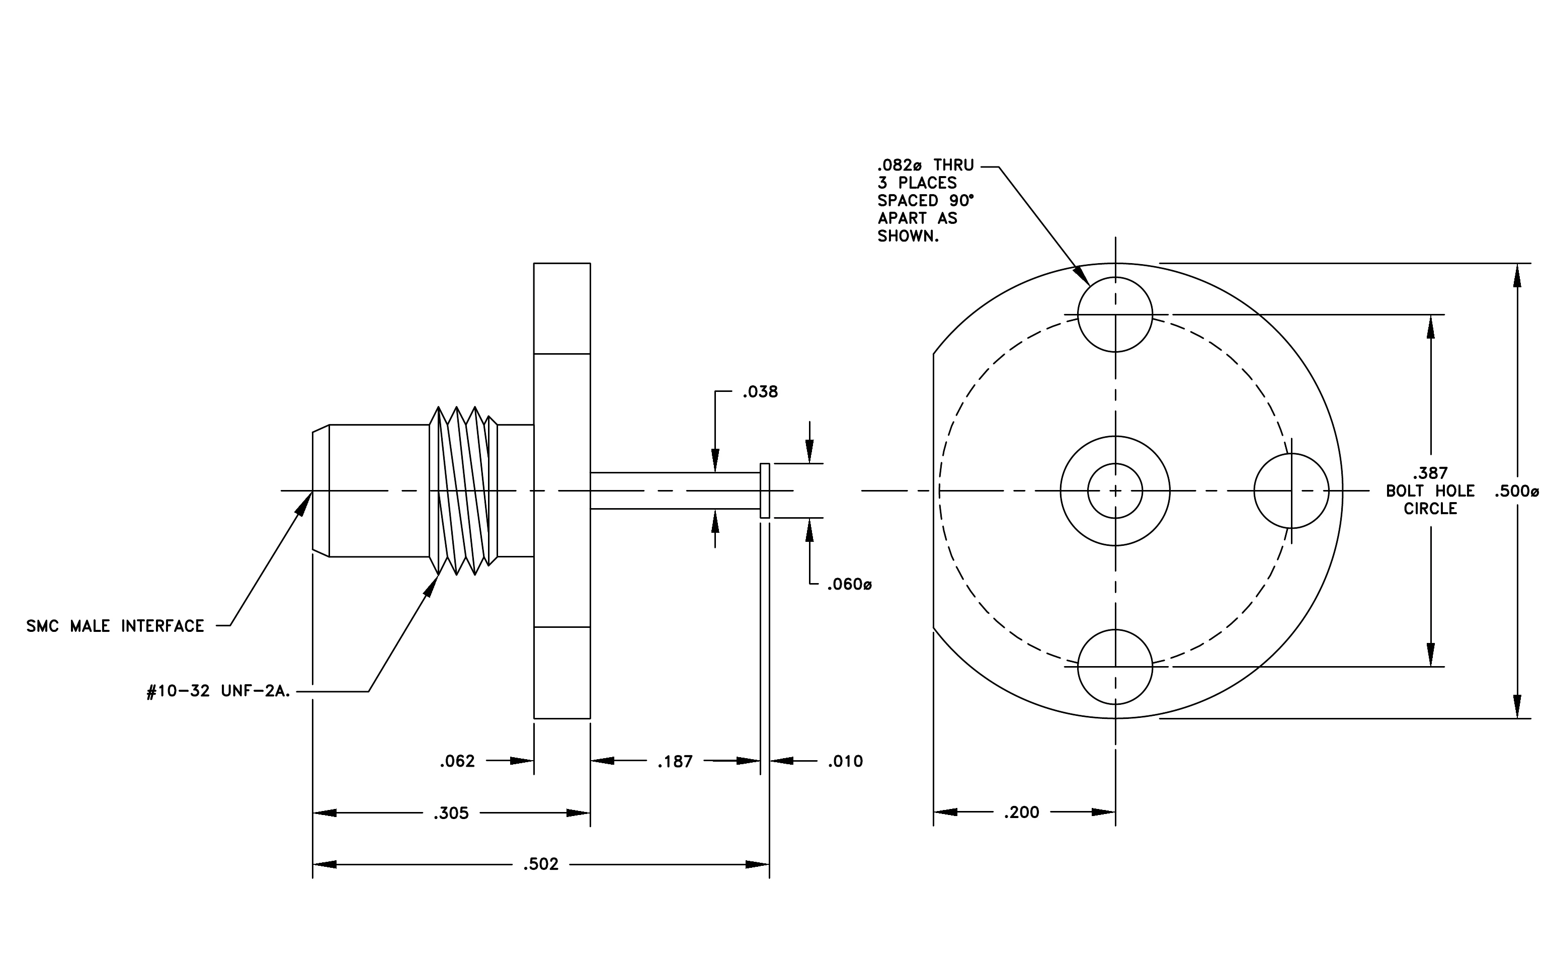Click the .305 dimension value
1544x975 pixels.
(451, 814)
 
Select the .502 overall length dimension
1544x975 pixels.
(540, 865)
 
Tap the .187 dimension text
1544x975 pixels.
(675, 762)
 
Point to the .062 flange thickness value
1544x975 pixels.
(457, 762)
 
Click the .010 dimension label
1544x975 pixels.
(845, 762)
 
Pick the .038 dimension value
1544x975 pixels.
(761, 392)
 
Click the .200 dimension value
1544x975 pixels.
(1021, 813)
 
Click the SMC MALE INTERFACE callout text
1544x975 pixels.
(115, 626)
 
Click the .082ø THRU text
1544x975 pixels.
(926, 166)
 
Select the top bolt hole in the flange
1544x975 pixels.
(1115, 314)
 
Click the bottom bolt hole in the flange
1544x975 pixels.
(1115, 667)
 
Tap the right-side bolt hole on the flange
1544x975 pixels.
(1291, 491)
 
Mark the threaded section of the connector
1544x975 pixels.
(463, 491)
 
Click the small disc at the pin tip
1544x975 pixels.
(765, 491)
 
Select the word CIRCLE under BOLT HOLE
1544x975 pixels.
(1430, 509)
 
